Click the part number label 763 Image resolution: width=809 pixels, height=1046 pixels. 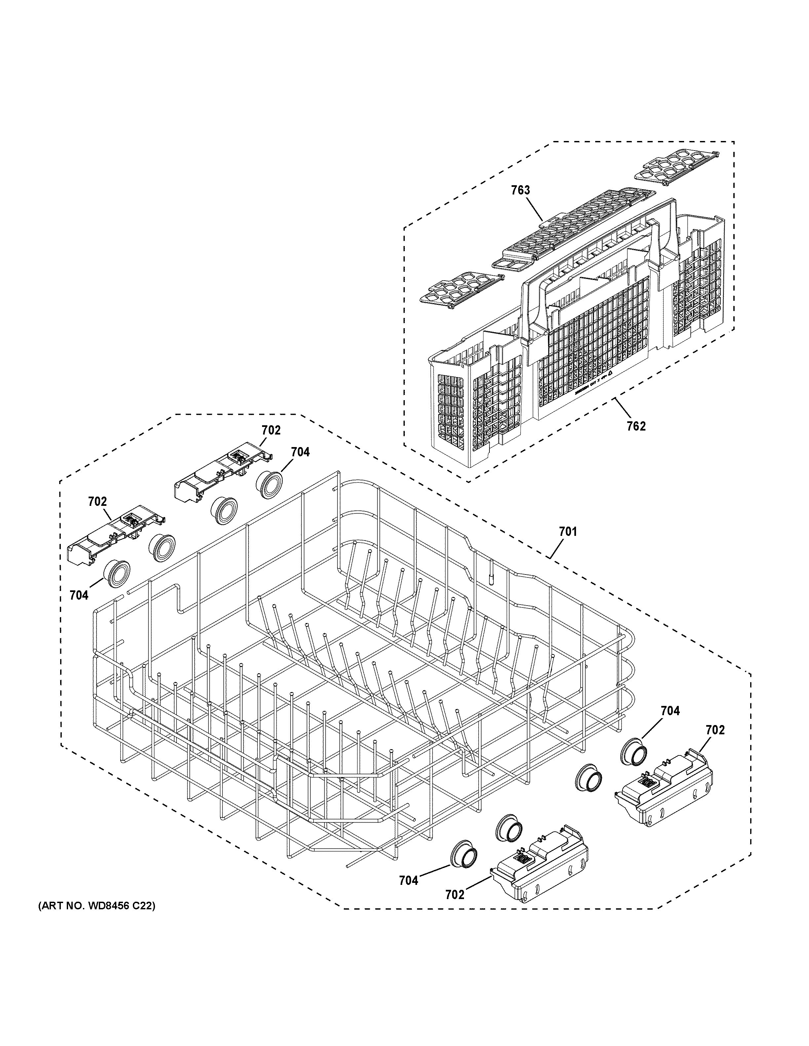pos(520,190)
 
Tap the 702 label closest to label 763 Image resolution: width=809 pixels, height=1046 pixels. pos(271,430)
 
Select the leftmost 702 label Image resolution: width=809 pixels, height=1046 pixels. pos(97,502)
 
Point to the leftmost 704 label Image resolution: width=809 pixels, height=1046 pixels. pos(79,595)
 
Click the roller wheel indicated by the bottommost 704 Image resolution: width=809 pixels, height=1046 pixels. pos(464,862)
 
